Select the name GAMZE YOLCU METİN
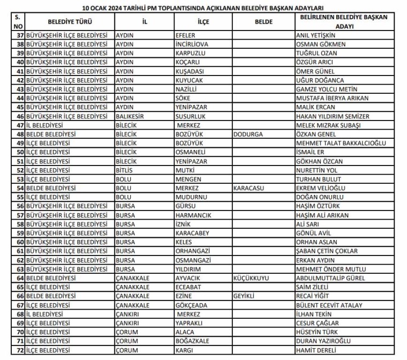tap(327, 89)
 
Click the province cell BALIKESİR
tap(131, 116)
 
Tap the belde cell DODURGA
tap(248, 134)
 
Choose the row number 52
tap(20, 170)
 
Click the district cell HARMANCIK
tap(193, 215)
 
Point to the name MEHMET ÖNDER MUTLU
tap(331, 269)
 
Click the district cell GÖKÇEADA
tap(192, 305)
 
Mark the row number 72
tap(20, 350)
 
